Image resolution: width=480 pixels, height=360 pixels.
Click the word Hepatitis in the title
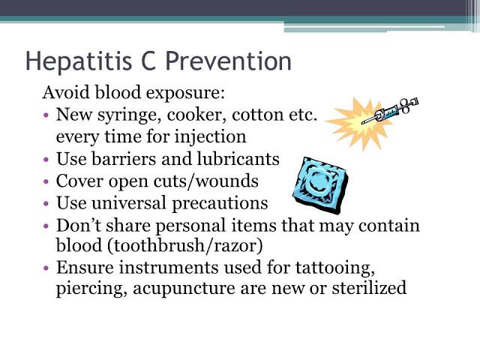click(x=78, y=61)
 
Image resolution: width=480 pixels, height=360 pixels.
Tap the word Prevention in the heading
click(x=228, y=61)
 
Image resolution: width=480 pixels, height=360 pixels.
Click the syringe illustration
click(x=390, y=111)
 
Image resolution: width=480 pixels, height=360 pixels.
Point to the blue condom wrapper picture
click(x=320, y=185)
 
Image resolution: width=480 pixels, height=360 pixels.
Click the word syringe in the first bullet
click(x=130, y=115)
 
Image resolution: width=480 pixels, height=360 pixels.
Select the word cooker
click(x=196, y=115)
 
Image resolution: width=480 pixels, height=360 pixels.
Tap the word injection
click(x=210, y=137)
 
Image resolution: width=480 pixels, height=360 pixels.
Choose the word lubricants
click(x=238, y=159)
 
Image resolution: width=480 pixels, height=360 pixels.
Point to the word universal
click(x=128, y=202)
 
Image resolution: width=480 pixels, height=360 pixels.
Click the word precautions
click(x=220, y=203)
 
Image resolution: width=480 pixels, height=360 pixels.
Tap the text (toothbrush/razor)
click(x=185, y=245)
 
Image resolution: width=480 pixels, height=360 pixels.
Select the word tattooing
click(x=335, y=268)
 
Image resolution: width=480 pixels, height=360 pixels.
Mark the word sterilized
click(x=369, y=288)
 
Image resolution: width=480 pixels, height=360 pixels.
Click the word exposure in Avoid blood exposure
click(x=185, y=93)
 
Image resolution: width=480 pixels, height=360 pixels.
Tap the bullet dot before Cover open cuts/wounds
click(x=46, y=181)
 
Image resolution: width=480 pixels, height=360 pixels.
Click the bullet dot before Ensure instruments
click(x=46, y=268)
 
